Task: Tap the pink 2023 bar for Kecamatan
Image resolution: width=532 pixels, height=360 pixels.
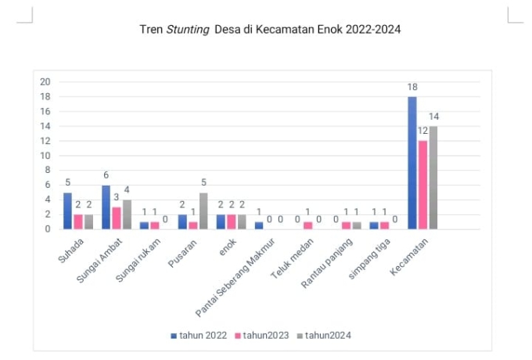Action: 422,185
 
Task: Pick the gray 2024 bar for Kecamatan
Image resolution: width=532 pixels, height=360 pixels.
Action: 433,178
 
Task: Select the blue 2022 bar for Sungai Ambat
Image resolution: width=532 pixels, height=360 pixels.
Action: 106,207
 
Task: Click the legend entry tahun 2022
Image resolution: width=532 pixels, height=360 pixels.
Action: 199,335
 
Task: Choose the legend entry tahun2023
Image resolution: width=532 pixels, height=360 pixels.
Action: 265,335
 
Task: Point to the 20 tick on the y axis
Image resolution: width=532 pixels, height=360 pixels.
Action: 45,82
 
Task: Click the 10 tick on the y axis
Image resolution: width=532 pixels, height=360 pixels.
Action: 45,156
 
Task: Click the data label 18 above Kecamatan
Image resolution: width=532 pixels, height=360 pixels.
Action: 412,88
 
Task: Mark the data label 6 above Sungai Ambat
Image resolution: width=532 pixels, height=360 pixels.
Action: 106,176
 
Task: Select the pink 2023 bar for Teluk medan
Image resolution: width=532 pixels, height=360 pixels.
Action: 307,225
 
